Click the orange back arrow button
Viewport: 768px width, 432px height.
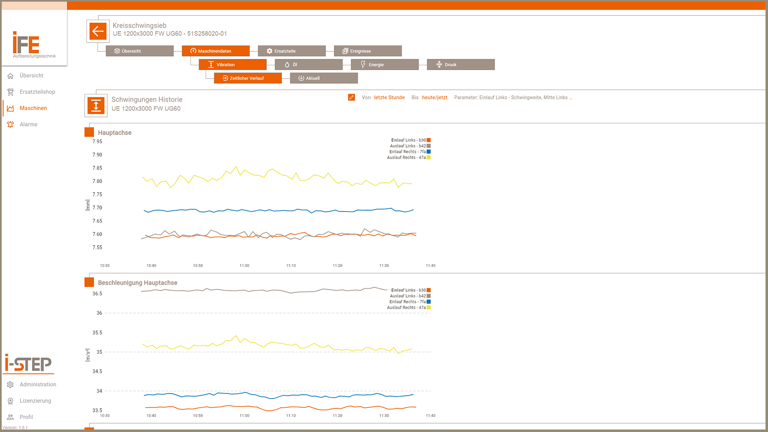(x=98, y=31)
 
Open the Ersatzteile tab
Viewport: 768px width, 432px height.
(x=292, y=51)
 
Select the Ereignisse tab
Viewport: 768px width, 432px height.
(x=368, y=51)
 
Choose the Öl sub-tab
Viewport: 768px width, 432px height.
(x=308, y=65)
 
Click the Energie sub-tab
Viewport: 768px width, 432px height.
(x=384, y=65)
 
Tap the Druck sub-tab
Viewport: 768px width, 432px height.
(x=460, y=65)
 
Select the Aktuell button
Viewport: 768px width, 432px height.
(x=323, y=78)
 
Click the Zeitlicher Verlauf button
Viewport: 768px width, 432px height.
(x=247, y=78)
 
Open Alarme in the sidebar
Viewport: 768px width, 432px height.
(x=28, y=125)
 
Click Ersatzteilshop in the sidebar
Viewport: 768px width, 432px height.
(x=37, y=92)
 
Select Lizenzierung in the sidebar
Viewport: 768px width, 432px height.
(x=35, y=401)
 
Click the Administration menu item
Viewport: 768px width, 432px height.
(x=38, y=384)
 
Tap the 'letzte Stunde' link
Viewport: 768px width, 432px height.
(x=389, y=97)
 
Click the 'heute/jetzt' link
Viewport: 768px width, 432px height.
(x=435, y=97)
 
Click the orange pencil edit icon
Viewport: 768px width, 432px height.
(x=351, y=97)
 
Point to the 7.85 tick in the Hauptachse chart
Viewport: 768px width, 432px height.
(x=97, y=168)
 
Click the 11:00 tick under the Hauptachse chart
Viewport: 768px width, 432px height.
(x=244, y=266)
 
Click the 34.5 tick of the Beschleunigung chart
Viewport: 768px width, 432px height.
(x=97, y=371)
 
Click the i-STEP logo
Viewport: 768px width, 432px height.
(x=28, y=364)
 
